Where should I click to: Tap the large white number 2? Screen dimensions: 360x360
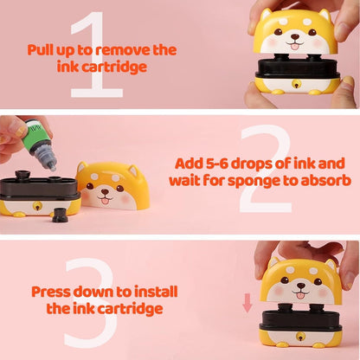[263, 170]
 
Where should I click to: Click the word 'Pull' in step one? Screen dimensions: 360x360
[44, 49]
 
